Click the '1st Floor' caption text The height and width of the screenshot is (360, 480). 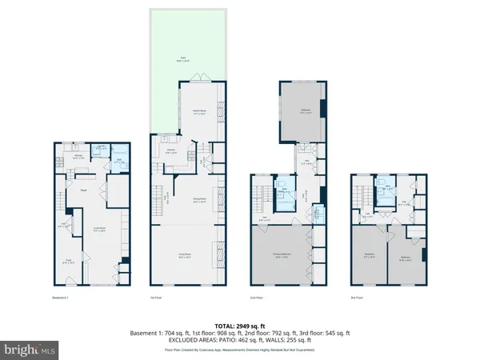pos(157,298)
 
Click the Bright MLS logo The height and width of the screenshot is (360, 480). pos(30,349)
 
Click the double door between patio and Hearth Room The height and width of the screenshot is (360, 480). pos(202,77)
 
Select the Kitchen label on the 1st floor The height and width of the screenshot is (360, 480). pos(170,150)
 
